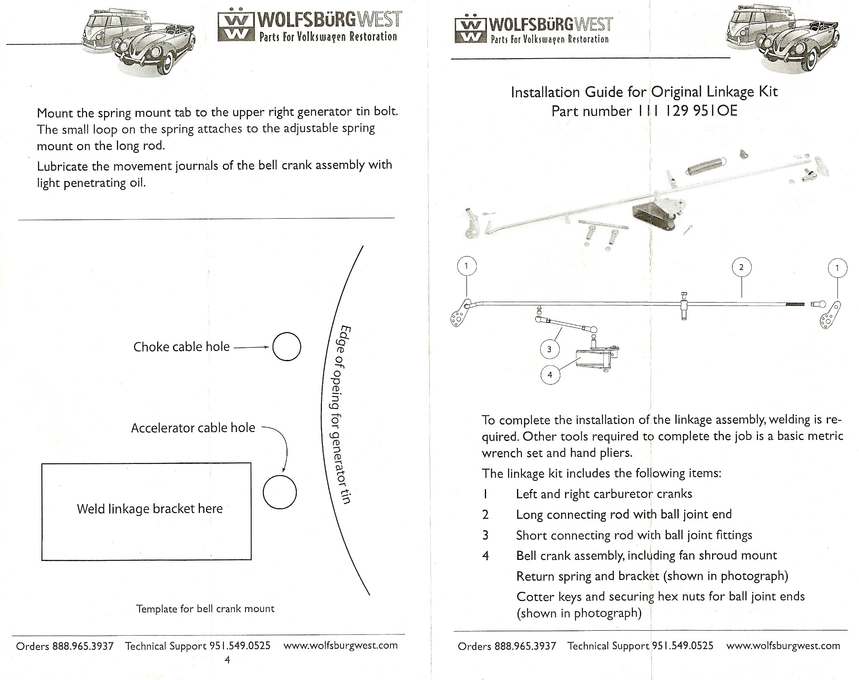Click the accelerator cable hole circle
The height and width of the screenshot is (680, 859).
[x=280, y=476]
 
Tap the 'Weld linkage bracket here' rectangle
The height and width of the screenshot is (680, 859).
[x=42, y=511]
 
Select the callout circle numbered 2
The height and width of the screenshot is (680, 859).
[x=741, y=258]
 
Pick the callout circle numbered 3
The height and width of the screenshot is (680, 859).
[x=549, y=340]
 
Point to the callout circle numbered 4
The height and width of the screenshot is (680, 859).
[x=550, y=365]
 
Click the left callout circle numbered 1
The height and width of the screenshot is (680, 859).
[x=467, y=257]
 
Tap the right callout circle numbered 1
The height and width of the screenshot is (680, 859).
[x=837, y=259]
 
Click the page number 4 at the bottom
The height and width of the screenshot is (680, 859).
[x=227, y=660]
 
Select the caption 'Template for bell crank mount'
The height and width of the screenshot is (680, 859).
[x=205, y=609]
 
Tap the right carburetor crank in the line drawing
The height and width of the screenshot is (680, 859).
[x=831, y=315]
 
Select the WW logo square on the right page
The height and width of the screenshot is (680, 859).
[x=470, y=30]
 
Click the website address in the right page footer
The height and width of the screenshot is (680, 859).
[x=783, y=646]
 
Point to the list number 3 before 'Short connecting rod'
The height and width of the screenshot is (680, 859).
[x=485, y=535]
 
